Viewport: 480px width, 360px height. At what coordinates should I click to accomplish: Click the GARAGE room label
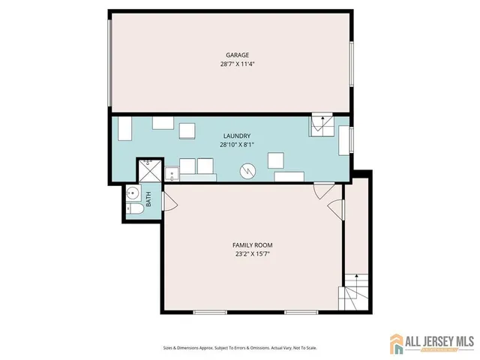coord(238,55)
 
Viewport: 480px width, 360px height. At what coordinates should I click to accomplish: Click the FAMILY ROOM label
coord(252,245)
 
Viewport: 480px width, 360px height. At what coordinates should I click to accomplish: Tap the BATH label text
coord(148,199)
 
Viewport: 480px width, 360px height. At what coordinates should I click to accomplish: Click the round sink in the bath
coord(133,192)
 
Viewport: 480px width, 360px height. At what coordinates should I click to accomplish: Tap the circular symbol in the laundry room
coord(247,172)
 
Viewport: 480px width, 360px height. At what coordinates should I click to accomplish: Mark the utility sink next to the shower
coord(170,174)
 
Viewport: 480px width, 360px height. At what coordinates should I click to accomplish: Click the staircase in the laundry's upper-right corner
coord(322,125)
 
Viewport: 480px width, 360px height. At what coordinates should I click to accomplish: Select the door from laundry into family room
coord(322,192)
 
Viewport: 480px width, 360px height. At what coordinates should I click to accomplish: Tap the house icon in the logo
coord(397,344)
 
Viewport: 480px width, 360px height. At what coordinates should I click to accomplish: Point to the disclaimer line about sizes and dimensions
coord(239,348)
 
